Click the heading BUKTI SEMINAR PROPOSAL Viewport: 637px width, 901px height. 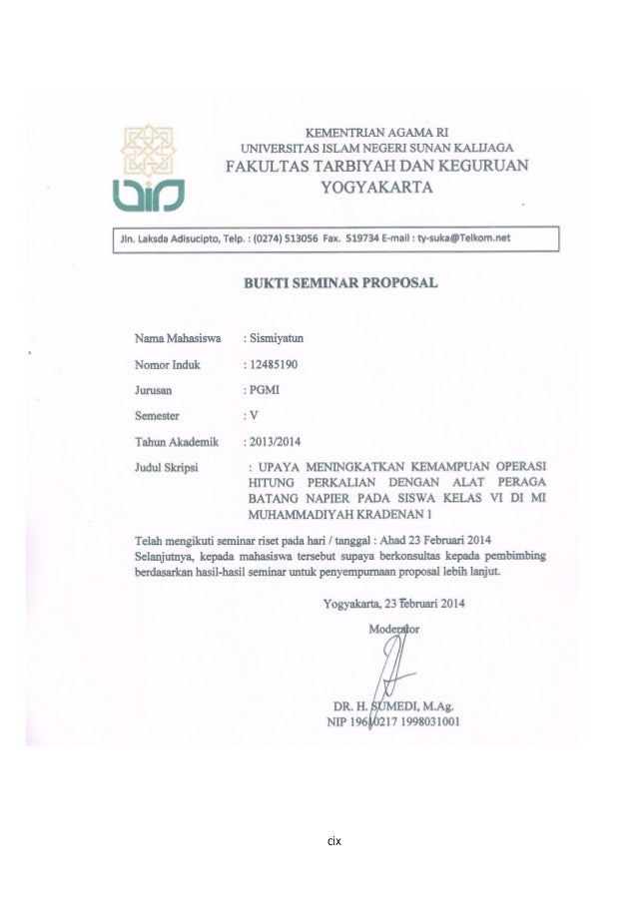(340, 282)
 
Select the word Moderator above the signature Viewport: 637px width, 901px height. (394, 629)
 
